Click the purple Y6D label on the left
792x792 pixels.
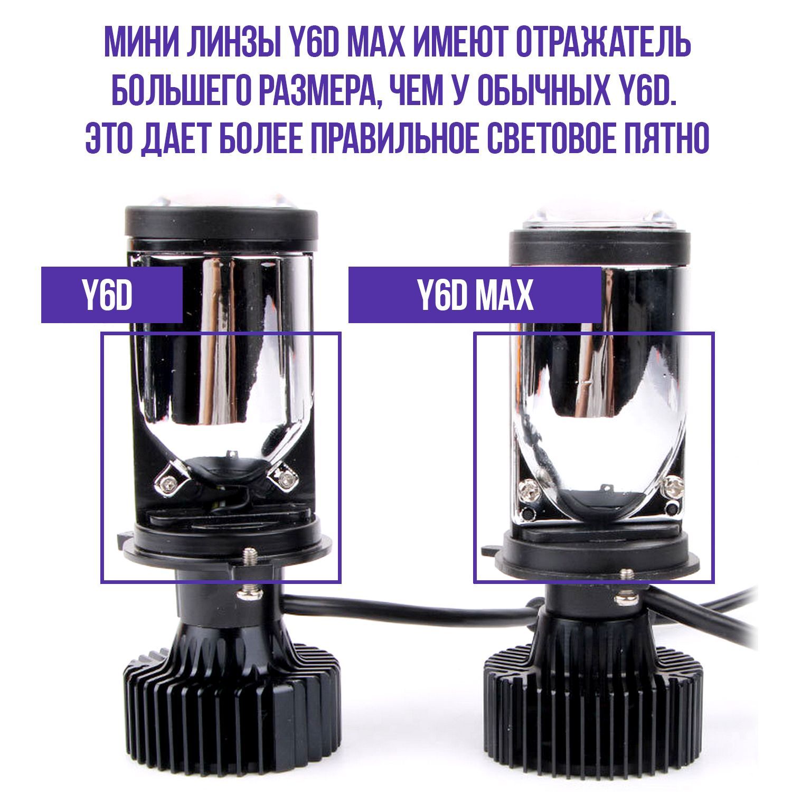tap(112, 295)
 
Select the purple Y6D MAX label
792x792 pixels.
tap(475, 295)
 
